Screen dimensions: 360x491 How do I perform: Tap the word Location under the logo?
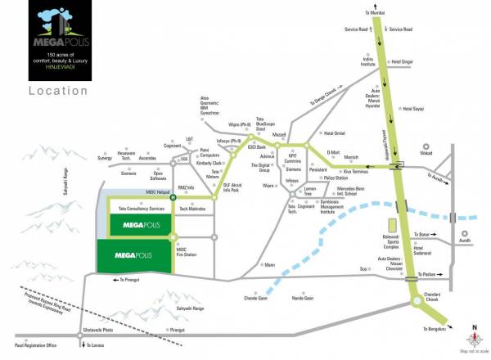coord(53,90)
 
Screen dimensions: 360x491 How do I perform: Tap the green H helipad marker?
coord(173,196)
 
